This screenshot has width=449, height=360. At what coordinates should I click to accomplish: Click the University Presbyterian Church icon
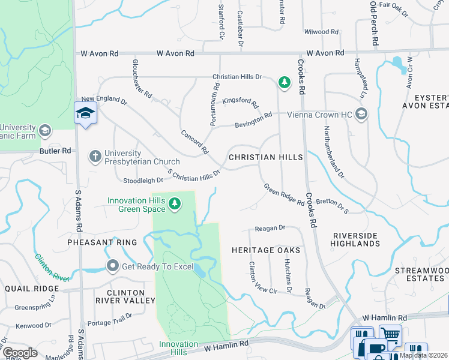[95, 157]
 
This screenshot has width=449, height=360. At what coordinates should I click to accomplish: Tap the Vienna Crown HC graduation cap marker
[361, 113]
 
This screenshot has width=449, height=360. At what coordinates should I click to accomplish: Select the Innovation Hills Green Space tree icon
[175, 204]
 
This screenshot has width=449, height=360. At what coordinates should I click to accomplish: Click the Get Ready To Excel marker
[112, 266]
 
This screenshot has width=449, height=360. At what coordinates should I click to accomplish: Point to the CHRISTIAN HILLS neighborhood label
[266, 157]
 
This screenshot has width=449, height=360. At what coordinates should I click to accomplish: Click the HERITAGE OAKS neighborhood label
[266, 250]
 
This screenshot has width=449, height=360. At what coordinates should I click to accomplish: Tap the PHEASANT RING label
[102, 242]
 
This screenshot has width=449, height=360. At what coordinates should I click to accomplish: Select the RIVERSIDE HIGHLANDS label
[356, 239]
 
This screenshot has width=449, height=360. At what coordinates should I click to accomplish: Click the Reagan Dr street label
[270, 228]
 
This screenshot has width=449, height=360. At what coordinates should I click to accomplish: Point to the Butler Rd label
[55, 151]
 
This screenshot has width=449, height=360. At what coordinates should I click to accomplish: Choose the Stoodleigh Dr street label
[143, 180]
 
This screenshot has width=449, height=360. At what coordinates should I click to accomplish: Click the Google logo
[19, 353]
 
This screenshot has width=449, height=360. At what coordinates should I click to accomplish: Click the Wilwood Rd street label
[321, 32]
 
